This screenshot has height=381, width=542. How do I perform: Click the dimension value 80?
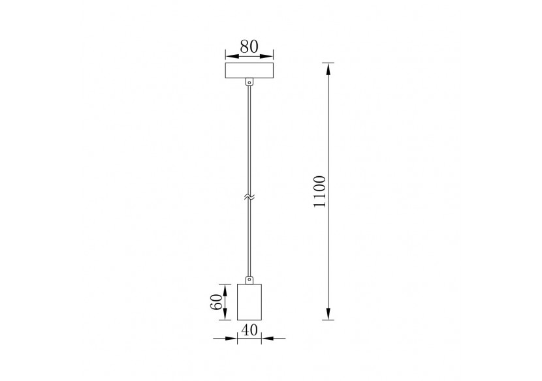(248, 46)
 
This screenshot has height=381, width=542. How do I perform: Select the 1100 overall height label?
(319, 192)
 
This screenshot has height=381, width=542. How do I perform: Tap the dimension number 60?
(214, 302)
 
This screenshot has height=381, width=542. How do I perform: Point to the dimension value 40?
(248, 330)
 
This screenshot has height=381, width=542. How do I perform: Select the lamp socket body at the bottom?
(248, 302)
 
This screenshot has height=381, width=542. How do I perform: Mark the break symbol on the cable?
(248, 195)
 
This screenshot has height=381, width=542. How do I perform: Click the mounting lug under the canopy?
(248, 83)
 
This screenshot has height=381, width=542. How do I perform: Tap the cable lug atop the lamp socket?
(248, 279)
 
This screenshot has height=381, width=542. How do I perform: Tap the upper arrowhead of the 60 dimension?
(225, 288)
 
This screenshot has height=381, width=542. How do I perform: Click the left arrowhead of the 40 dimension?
(232, 338)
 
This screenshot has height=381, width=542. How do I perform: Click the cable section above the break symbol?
(248, 137)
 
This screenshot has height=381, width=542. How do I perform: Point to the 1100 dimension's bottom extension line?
(329, 320)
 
